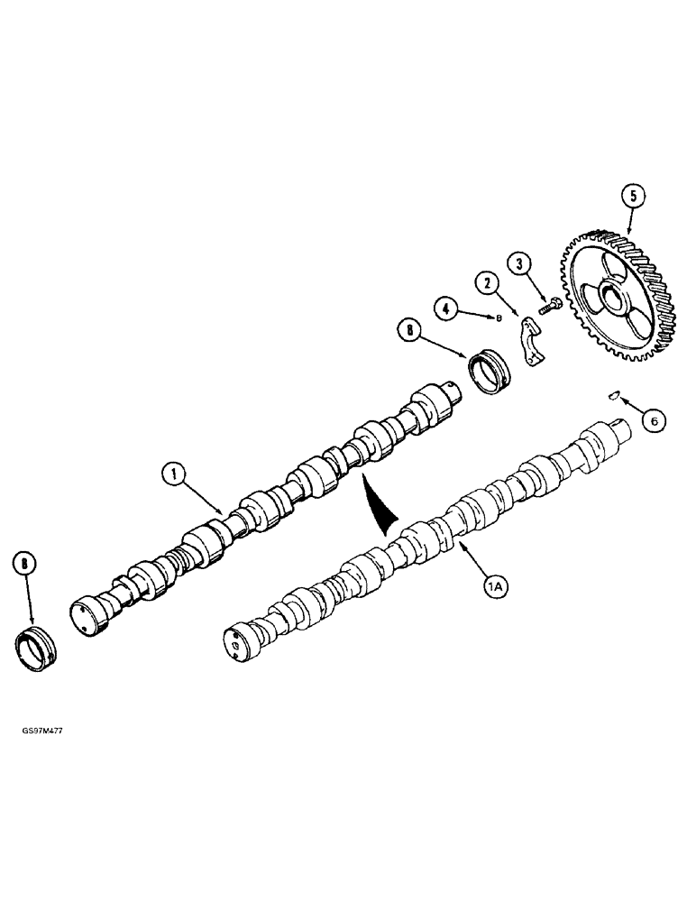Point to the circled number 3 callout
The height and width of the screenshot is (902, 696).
518,264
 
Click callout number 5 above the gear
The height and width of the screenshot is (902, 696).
632,195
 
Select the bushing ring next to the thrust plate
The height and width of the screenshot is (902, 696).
488,372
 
